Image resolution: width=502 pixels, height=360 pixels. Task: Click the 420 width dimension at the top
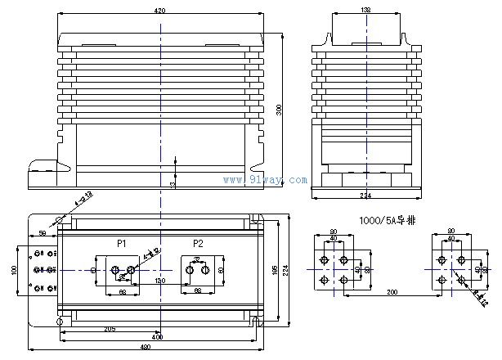160,11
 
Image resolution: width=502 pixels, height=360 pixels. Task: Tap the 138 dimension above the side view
365,10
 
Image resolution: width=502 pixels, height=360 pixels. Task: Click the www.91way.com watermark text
265,180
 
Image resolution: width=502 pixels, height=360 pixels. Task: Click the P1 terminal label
121,244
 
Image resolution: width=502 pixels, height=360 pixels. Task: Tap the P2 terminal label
198,244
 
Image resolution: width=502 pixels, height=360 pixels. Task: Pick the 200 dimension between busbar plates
392,292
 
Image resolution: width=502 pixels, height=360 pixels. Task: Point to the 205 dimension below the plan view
109,329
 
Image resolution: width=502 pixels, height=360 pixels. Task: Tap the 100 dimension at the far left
13,269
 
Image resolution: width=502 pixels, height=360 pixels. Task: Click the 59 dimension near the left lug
43,234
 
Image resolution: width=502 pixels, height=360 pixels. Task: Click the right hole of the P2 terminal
218,269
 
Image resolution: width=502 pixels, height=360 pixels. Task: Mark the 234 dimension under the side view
365,196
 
